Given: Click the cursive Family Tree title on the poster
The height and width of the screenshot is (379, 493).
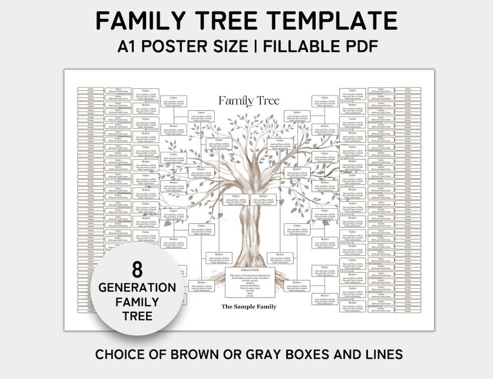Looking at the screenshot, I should tap(248, 101).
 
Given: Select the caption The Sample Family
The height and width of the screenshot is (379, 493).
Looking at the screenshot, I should tap(249, 306).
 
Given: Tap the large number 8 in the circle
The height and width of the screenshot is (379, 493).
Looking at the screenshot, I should tap(137, 270).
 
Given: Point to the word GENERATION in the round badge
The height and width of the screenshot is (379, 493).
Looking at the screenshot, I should tap(137, 287).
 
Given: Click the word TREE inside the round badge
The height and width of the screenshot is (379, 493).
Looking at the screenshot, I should tap(137, 316).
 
